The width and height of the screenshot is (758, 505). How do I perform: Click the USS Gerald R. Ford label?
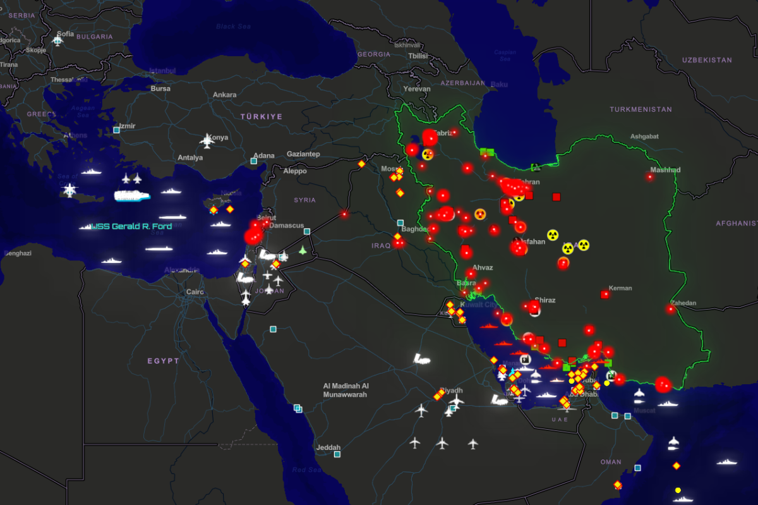(131, 226)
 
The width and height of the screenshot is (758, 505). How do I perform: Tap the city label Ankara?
(224, 95)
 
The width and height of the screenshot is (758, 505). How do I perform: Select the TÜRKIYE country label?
(262, 117)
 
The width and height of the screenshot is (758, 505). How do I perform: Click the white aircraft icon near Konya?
(207, 140)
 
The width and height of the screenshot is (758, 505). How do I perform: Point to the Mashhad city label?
(665, 170)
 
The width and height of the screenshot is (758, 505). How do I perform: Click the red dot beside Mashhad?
(649, 177)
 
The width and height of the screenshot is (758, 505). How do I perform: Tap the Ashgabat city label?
(644, 137)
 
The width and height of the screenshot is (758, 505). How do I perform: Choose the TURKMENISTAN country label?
(641, 109)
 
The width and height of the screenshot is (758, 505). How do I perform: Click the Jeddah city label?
(328, 447)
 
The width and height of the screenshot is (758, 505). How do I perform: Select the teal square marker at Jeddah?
(337, 454)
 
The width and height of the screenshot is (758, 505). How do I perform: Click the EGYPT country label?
(164, 361)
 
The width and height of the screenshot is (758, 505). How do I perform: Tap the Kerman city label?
(620, 288)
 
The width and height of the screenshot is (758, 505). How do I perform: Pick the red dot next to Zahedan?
(670, 309)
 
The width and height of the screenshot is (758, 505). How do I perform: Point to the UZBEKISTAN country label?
(707, 60)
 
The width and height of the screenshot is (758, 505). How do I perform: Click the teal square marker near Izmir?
(116, 130)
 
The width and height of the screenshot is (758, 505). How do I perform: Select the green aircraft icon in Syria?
(303, 250)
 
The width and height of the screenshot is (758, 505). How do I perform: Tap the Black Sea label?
(234, 27)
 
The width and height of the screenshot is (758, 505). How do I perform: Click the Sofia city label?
(65, 33)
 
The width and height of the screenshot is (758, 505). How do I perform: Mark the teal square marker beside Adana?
(254, 161)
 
